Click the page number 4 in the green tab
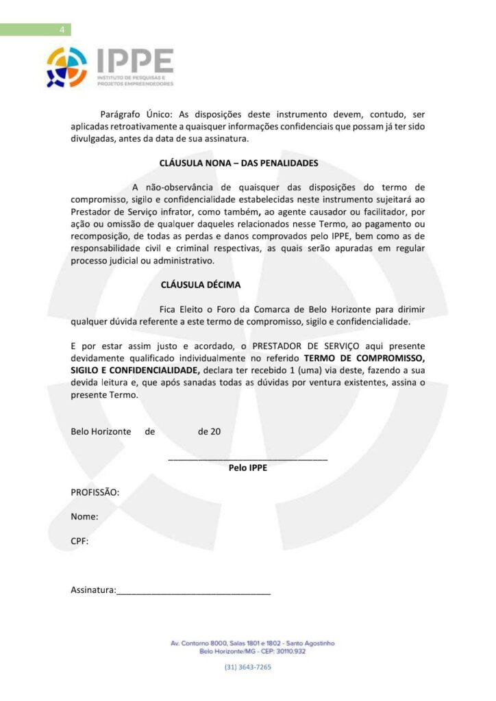click(x=62, y=29)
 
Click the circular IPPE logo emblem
click(x=66, y=67)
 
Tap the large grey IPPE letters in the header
click(x=134, y=62)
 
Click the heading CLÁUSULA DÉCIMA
click(x=200, y=283)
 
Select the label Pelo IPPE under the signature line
click(x=247, y=469)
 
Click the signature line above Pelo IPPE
click(x=247, y=458)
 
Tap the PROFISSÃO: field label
click(x=95, y=492)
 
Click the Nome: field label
click(x=84, y=517)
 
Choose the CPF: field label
click(x=79, y=541)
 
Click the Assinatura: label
click(x=93, y=589)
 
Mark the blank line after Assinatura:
click(x=193, y=592)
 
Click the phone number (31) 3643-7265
click(x=247, y=667)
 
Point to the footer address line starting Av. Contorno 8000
click(x=252, y=643)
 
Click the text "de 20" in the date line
click(x=209, y=432)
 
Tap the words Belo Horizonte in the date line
click(x=101, y=432)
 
